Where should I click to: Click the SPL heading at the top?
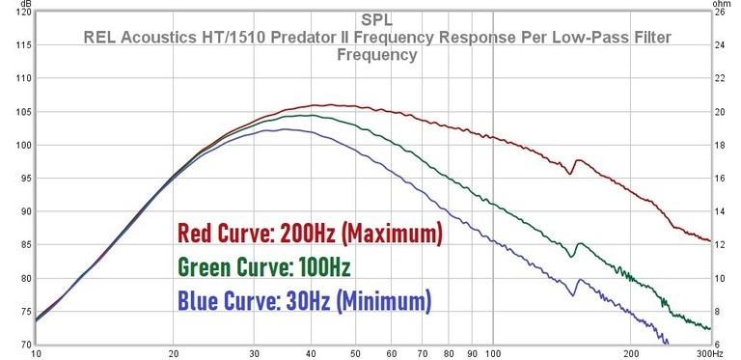coord(376,19)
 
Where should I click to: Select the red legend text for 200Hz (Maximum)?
coord(309,234)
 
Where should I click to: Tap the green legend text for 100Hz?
coord(263,267)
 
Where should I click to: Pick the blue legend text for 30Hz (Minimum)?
coord(304,301)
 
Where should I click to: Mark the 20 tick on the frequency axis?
coord(174,354)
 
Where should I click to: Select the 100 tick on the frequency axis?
coord(493,354)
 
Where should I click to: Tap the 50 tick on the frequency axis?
coord(356,354)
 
